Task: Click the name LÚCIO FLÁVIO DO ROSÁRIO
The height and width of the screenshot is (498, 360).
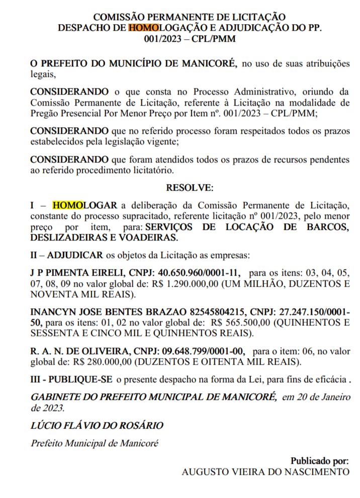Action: pos(97,426)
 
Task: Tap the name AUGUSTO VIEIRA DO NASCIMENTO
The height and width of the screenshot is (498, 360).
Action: pos(265,472)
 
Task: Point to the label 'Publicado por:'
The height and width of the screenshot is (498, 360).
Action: pos(319,461)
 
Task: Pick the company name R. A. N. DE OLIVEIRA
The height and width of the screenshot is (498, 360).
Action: pos(75,351)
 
